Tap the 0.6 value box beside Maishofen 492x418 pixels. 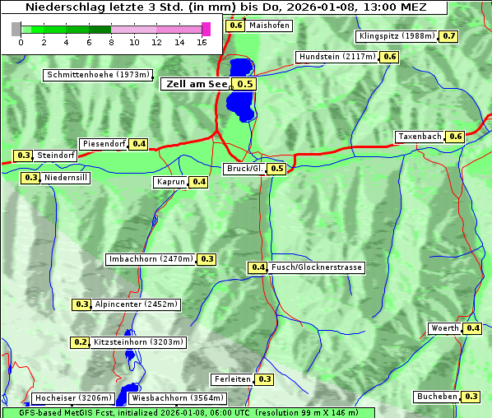235,26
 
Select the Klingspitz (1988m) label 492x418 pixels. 397,36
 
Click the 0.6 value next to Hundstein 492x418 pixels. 390,57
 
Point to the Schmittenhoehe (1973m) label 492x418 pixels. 97,75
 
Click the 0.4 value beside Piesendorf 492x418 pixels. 139,144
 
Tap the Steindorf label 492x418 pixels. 57,156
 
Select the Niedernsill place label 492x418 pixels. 66,177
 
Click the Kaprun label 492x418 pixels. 170,182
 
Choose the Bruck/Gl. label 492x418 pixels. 245,169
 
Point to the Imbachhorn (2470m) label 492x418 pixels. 151,259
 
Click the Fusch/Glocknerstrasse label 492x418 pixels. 317,267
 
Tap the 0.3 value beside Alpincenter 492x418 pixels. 82,304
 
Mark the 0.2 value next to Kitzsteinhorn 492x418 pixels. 81,342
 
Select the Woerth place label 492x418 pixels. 445,328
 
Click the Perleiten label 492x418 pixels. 231,379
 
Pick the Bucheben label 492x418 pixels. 437,397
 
